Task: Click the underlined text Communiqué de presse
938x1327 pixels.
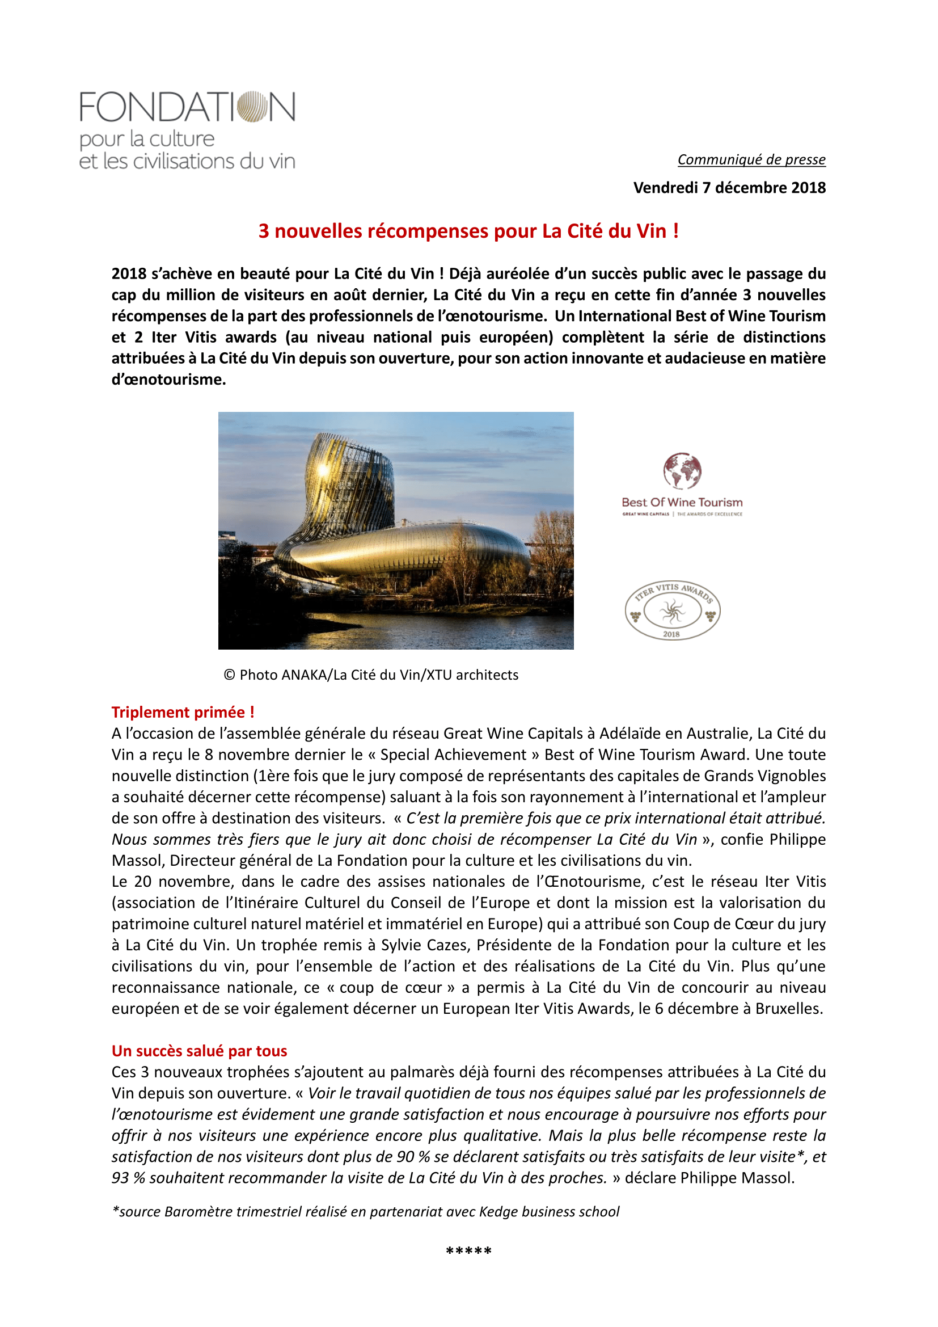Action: coord(751,159)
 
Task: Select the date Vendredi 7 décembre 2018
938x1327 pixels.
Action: coord(729,188)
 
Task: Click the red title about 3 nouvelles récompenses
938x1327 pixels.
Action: coord(468,231)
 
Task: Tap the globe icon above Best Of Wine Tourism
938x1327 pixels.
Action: coord(682,471)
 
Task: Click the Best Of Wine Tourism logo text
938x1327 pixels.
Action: coord(682,502)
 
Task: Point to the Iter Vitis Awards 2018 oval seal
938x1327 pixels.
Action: coord(673,610)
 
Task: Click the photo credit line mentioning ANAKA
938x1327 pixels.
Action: coord(371,675)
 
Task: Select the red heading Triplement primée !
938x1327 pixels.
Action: coord(183,712)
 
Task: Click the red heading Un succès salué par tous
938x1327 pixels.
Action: coord(199,1051)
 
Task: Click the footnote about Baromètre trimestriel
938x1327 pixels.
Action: coord(366,1211)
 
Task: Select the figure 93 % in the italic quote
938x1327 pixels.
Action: coord(128,1178)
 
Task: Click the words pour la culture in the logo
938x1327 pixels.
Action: coord(147,140)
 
